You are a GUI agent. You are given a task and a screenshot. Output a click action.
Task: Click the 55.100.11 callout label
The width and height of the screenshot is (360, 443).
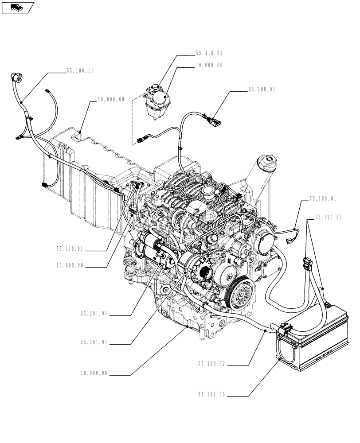(80, 70)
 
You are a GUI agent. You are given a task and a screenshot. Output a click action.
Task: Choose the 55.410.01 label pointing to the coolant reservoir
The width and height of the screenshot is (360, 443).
(209, 53)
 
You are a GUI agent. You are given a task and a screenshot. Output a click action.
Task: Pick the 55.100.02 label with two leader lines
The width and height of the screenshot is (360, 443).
(329, 218)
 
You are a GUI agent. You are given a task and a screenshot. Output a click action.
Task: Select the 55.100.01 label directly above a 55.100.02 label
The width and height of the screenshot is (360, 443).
(322, 199)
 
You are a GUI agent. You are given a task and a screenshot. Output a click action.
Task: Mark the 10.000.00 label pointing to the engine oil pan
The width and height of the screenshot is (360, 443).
(94, 373)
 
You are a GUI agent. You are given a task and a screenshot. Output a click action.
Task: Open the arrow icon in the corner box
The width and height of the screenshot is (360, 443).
(17, 7)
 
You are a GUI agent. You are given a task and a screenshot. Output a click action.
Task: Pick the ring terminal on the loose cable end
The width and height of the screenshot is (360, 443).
(47, 91)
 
